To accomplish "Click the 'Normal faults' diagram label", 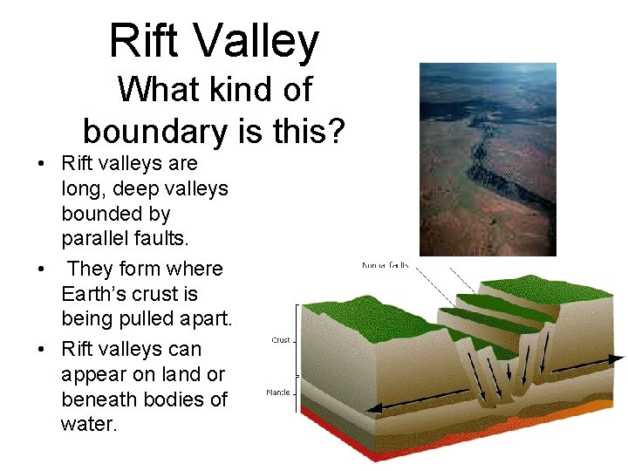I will [x=385, y=265].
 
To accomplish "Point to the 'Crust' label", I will [x=282, y=340].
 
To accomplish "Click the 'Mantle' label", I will [x=279, y=392].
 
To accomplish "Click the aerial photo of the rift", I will [x=488, y=159].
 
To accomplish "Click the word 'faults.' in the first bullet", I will [x=166, y=238].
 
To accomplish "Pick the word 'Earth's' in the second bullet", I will [x=99, y=294].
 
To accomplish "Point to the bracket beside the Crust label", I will [x=301, y=340].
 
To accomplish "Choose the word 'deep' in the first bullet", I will [x=140, y=188].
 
